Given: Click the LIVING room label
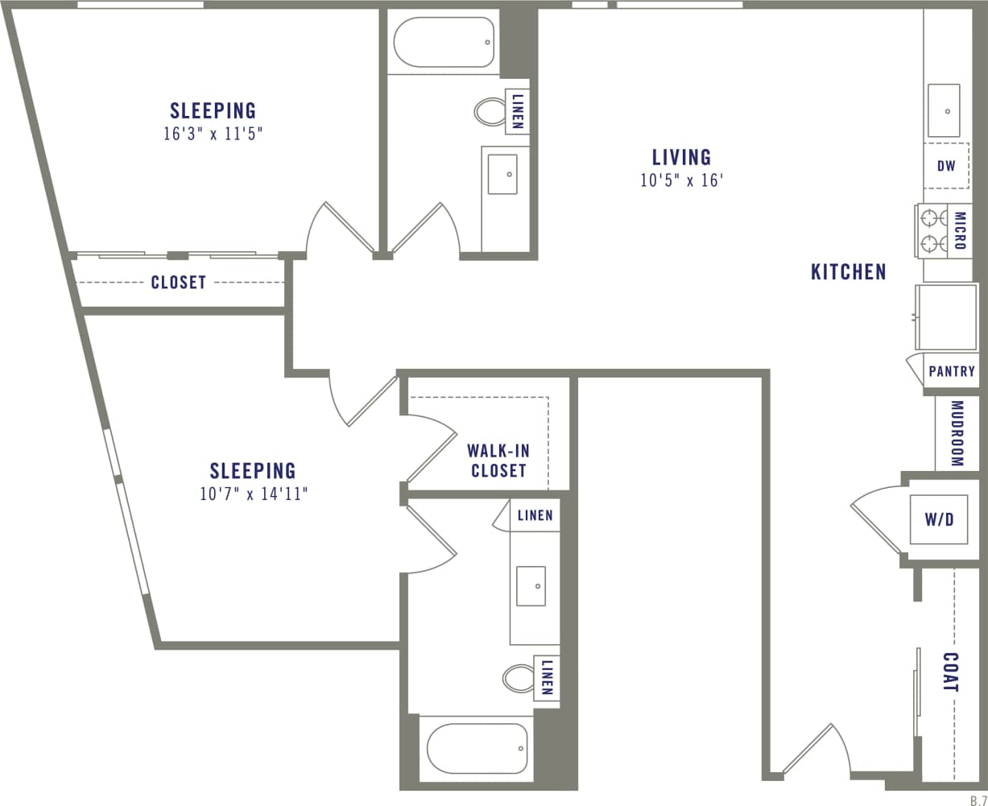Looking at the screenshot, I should pyautogui.click(x=681, y=156).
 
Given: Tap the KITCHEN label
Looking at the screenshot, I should pyautogui.click(x=848, y=272).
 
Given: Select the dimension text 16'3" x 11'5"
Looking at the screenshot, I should pyautogui.click(x=213, y=134).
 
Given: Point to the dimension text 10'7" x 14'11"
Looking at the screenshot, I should pyautogui.click(x=254, y=494).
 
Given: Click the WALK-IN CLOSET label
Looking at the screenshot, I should pyautogui.click(x=498, y=461).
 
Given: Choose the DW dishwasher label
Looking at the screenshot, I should pyautogui.click(x=946, y=167).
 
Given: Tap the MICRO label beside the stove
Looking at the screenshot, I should pyautogui.click(x=959, y=230).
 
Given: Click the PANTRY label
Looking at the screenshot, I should pyautogui.click(x=952, y=371).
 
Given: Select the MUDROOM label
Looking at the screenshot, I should pyautogui.click(x=957, y=433).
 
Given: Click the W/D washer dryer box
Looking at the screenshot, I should pyautogui.click(x=938, y=519).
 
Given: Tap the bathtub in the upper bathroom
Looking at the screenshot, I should pyautogui.click(x=444, y=42).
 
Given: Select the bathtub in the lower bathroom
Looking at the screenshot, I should pyautogui.click(x=477, y=748).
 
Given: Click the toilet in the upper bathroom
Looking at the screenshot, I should pyautogui.click(x=488, y=111).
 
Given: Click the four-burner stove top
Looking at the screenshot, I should pyautogui.click(x=933, y=230).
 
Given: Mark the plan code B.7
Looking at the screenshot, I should pyautogui.click(x=978, y=796).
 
